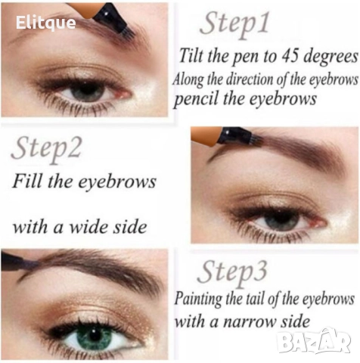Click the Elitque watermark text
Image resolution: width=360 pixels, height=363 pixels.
(45, 23)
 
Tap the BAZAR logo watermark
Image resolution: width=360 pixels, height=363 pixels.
(314, 342)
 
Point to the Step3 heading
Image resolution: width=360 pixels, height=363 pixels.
(232, 273)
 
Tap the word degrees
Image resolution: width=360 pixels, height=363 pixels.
(331, 57)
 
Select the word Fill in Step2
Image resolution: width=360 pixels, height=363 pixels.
(28, 181)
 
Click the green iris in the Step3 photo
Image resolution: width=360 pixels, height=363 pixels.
(93, 338)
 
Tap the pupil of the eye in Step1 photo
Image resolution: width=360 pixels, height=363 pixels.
(88, 90)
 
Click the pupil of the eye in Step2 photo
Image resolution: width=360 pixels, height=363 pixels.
(279, 217)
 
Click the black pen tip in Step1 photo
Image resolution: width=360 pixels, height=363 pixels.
(115, 21)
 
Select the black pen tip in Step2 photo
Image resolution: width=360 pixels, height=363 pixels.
(240, 136)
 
